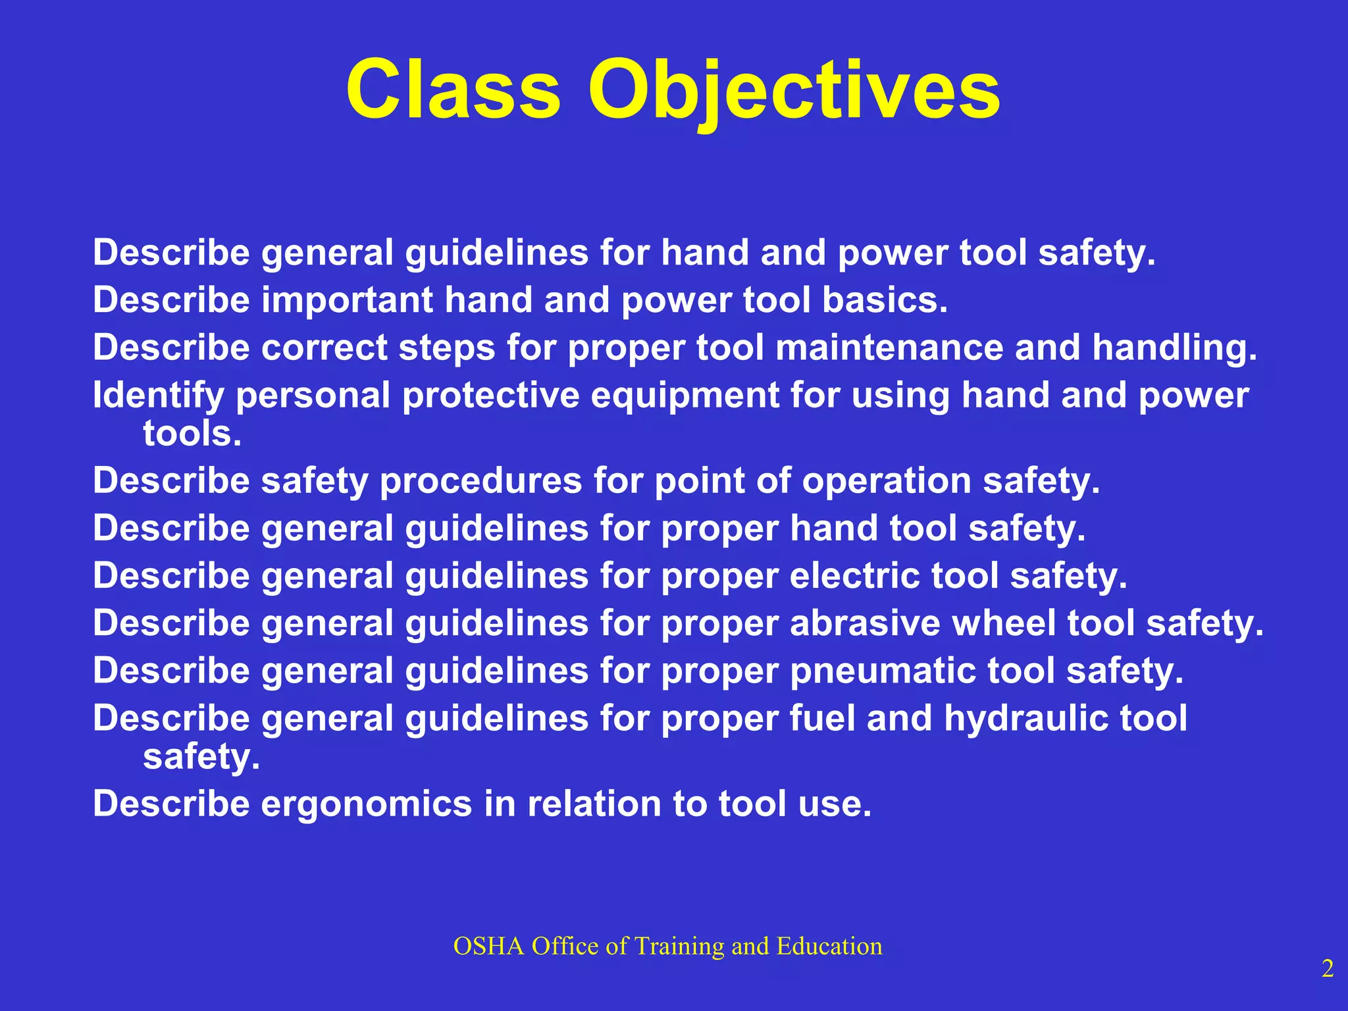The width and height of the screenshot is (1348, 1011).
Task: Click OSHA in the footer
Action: tap(488, 946)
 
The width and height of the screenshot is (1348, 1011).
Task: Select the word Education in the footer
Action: tap(829, 946)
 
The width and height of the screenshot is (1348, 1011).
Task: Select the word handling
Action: tap(1174, 348)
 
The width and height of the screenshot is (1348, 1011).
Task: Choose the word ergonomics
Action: tap(367, 804)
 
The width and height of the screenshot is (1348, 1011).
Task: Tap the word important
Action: tap(347, 300)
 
